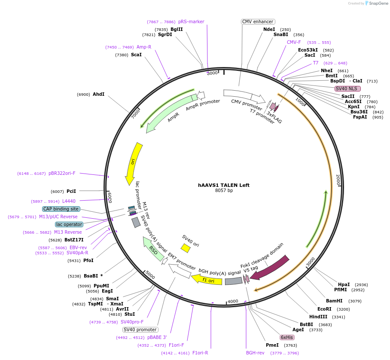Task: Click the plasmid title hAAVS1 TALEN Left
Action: tap(223, 185)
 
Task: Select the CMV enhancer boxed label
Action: tap(258, 21)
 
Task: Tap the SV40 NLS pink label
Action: tap(347, 88)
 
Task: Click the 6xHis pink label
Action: tap(287, 337)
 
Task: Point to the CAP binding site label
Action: tap(61, 209)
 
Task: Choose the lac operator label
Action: tap(69, 224)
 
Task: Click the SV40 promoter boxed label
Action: tap(140, 330)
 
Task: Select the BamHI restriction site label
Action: tap(334, 301)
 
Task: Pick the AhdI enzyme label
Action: tap(98, 95)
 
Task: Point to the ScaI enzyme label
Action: tap(136, 55)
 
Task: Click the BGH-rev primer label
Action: tap(255, 353)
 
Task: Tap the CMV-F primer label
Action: tap(294, 42)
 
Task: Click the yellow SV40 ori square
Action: tap(186, 248)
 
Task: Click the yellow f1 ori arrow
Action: tap(207, 280)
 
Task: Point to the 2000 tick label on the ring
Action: tap(338, 180)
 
